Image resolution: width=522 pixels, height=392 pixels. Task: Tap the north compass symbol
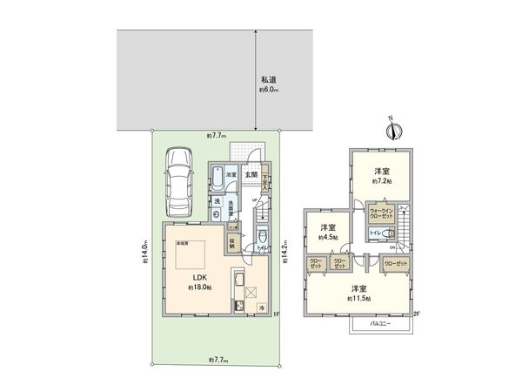coord(393,132)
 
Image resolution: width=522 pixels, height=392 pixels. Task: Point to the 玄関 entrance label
coord(251,174)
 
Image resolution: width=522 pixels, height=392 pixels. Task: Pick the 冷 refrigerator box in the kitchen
coord(261,308)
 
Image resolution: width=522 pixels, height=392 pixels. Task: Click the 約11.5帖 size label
coord(358,299)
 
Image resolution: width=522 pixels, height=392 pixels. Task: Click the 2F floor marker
coord(416,314)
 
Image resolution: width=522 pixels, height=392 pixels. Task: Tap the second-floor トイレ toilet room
coord(375,233)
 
